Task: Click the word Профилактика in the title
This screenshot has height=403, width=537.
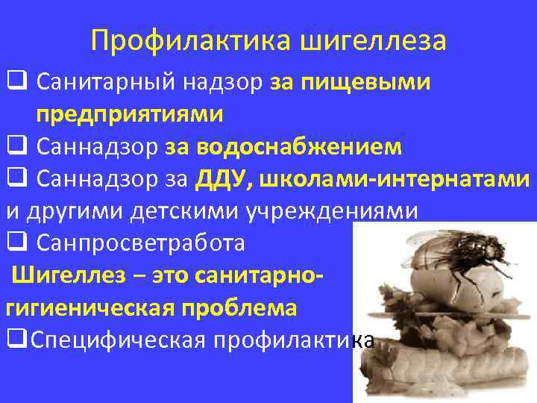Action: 192,40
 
